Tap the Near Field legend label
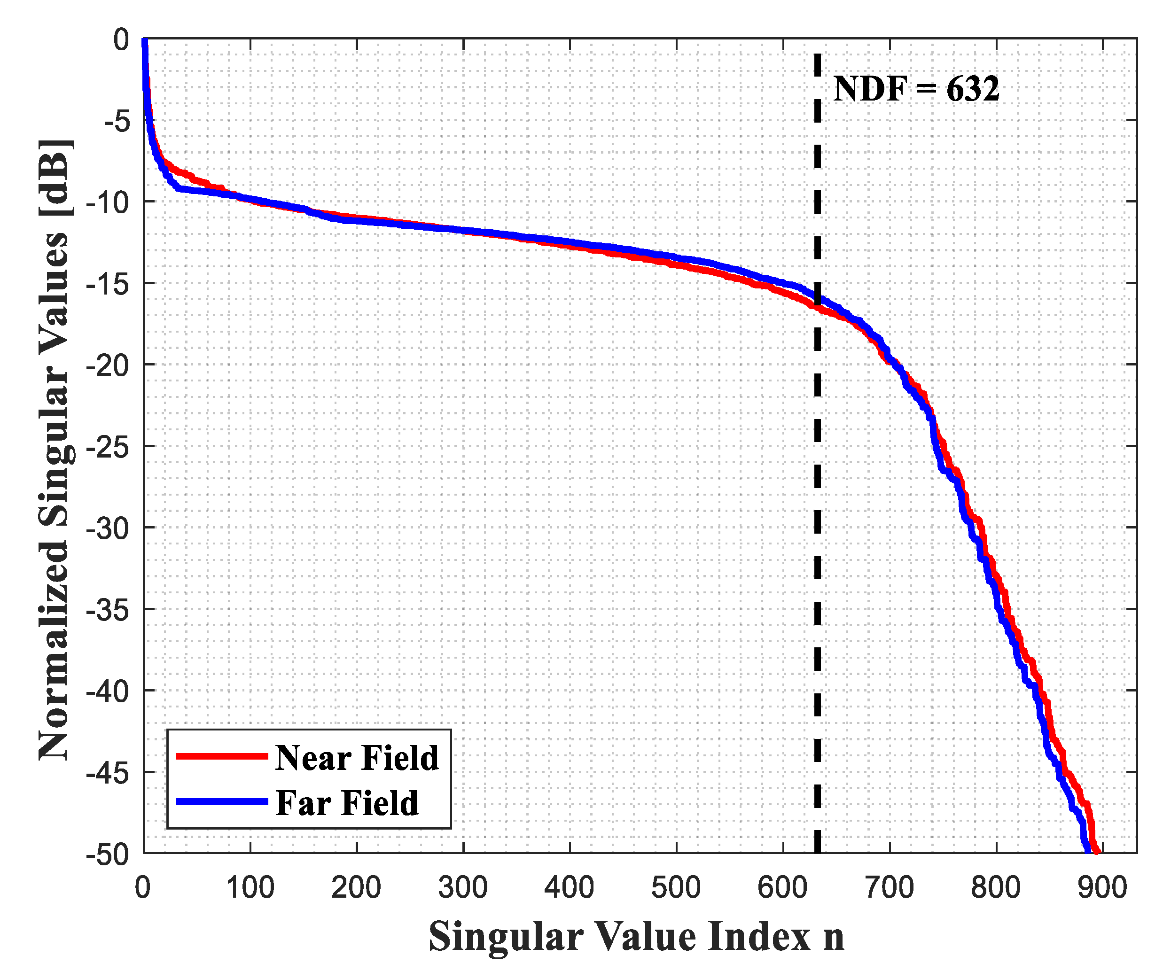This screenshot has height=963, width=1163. pyautogui.click(x=357, y=758)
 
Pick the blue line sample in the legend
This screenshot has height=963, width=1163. pyautogui.click(x=221, y=801)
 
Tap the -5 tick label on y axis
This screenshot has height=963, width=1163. pyautogui.click(x=117, y=121)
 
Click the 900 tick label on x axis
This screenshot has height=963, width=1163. pyautogui.click(x=1102, y=888)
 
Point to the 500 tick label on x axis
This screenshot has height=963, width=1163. pyautogui.click(x=676, y=888)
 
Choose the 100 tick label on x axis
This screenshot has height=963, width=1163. pyautogui.click(x=250, y=888)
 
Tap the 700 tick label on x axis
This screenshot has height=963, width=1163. pyautogui.click(x=889, y=888)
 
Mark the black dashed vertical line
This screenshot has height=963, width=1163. pyautogui.click(x=818, y=498)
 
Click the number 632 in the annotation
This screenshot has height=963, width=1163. pyautogui.click(x=973, y=89)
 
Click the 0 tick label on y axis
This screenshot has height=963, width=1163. pyautogui.click(x=121, y=40)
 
